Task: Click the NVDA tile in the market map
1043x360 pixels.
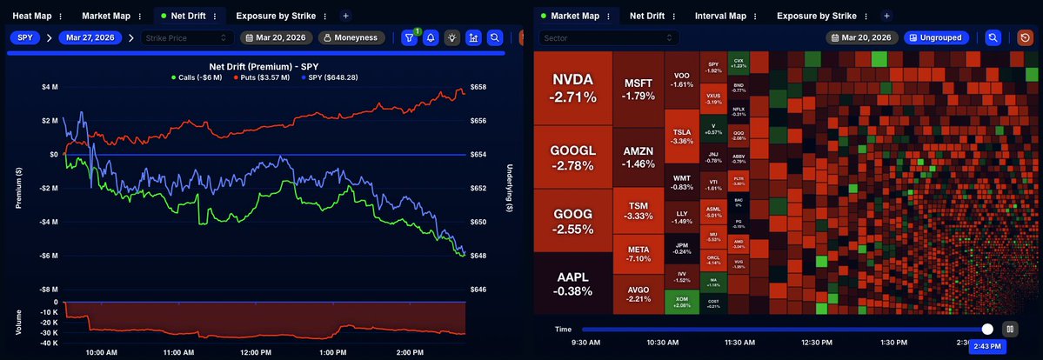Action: coord(572,87)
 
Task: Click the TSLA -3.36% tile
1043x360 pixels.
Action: coord(683,135)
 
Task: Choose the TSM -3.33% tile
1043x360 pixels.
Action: coord(638,210)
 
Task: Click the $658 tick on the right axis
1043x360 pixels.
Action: coord(478,87)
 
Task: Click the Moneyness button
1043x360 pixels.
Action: coord(352,37)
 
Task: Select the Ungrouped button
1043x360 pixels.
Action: coord(940,37)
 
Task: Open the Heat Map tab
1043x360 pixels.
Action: coord(30,16)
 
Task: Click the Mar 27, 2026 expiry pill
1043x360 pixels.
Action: coord(90,37)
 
